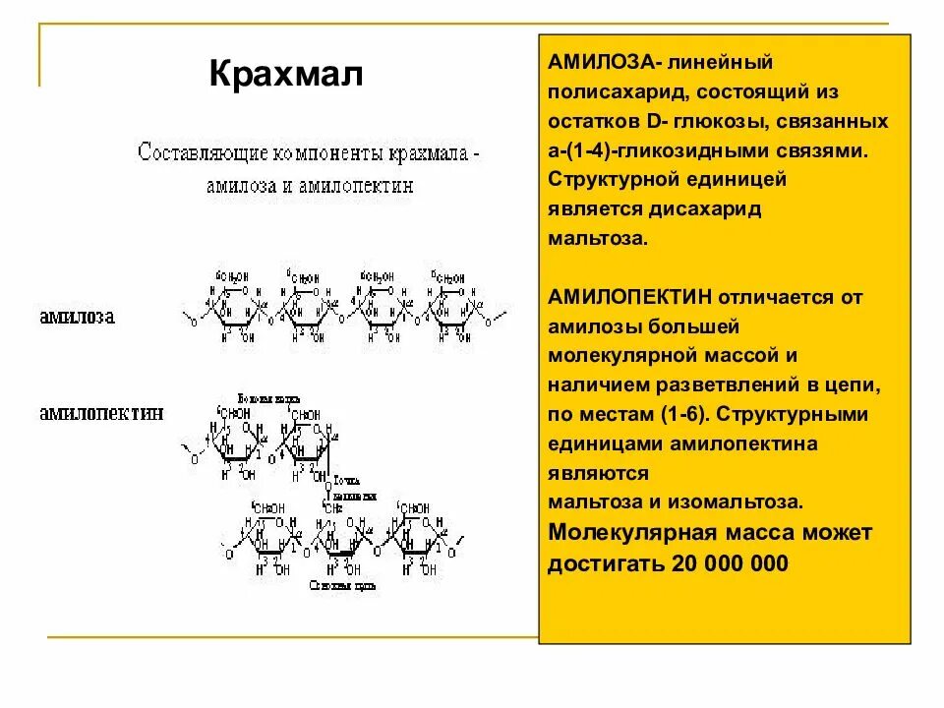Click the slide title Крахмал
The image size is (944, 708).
pos(286,74)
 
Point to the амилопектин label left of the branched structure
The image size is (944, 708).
pos(101,413)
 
